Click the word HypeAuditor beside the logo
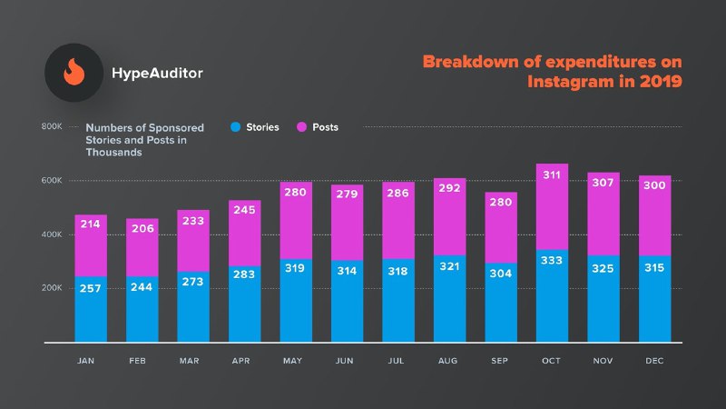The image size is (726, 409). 156,72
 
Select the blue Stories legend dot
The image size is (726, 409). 236,127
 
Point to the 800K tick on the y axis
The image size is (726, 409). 51,126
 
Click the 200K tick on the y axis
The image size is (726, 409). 51,288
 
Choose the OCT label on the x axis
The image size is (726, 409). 553,362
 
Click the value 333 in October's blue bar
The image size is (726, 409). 553,262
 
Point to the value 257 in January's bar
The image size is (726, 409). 91,287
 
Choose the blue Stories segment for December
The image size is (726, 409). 654,314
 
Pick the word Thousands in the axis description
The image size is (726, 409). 113,153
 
